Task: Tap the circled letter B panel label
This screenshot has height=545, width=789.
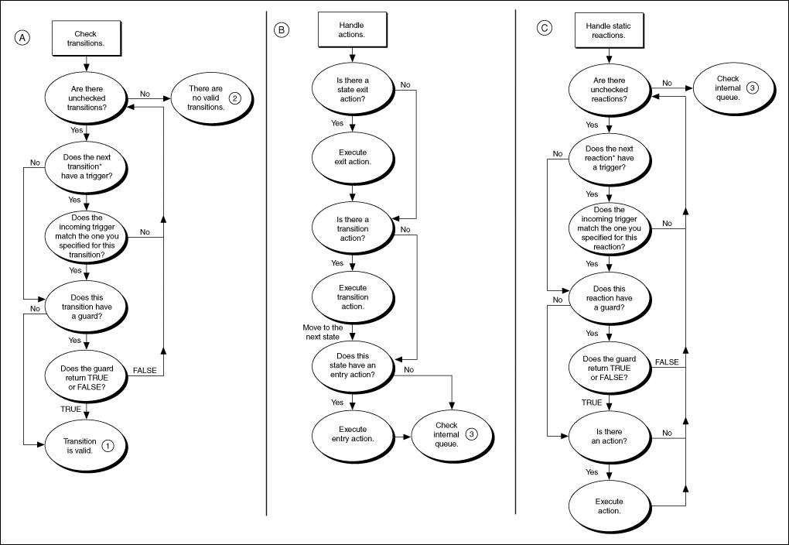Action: [x=282, y=29]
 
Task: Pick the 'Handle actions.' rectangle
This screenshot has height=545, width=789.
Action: [x=352, y=30]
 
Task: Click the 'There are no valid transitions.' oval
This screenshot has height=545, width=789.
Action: [x=207, y=98]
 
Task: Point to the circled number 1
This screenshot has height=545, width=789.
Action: [x=108, y=445]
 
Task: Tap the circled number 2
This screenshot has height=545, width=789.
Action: [x=236, y=98]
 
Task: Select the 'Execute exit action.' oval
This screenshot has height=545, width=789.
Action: [x=352, y=156]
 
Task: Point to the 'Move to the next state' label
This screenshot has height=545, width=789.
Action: [x=323, y=333]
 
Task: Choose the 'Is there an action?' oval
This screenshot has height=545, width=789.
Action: [x=609, y=435]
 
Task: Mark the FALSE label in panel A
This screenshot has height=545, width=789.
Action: [x=145, y=370]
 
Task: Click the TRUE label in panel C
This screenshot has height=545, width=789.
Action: [x=592, y=403]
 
